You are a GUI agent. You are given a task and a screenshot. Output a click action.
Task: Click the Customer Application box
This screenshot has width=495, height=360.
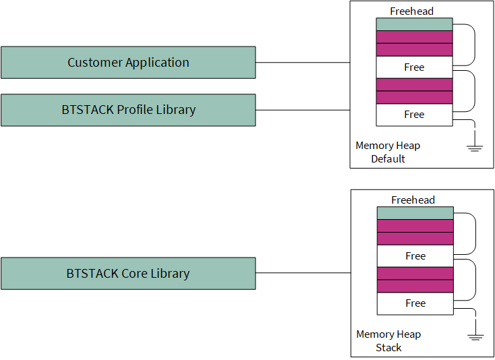pos(128,63)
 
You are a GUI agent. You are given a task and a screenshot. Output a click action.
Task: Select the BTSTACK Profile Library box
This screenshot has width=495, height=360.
pos(128,110)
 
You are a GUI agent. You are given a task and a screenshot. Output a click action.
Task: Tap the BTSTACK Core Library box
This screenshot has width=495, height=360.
pos(128,273)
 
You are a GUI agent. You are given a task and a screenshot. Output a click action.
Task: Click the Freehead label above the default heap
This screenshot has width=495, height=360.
pos(411,11)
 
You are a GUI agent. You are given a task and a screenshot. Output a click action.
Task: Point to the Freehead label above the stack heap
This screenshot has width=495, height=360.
pos(413,200)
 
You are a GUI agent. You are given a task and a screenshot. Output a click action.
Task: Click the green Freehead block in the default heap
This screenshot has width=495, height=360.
pos(414,24)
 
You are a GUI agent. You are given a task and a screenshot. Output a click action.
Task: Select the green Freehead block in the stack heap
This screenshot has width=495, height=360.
pos(415,213)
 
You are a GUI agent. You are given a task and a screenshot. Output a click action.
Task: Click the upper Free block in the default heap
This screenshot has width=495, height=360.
pos(414,67)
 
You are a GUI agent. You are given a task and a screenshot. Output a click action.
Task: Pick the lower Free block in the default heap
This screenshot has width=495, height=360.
pos(414,115)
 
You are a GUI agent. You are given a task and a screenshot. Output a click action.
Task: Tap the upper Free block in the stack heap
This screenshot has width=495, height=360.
pos(415,256)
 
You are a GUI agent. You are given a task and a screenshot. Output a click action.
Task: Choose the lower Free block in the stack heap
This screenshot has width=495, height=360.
pos(415,303)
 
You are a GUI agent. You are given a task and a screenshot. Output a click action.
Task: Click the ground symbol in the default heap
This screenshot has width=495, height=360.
pos(475,148)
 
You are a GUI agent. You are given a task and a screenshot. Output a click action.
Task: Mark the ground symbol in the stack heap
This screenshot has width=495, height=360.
pos(475,337)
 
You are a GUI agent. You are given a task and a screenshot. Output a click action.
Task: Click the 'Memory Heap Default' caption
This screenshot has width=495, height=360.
pos(388,152)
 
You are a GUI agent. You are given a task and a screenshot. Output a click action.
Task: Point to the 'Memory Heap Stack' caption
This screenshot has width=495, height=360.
pos(388,340)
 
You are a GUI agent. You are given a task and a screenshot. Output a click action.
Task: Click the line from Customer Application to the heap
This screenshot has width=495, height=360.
pos(303,63)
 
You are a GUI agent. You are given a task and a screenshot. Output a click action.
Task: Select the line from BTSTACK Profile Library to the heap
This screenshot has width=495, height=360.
pos(303,110)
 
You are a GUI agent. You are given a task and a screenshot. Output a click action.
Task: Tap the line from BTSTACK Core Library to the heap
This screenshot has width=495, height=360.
pos(303,272)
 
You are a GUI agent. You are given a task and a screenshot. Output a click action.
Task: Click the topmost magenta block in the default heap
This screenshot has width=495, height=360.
pos(414,37)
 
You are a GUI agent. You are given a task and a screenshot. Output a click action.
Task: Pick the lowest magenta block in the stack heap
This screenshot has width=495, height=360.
pos(415,286)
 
